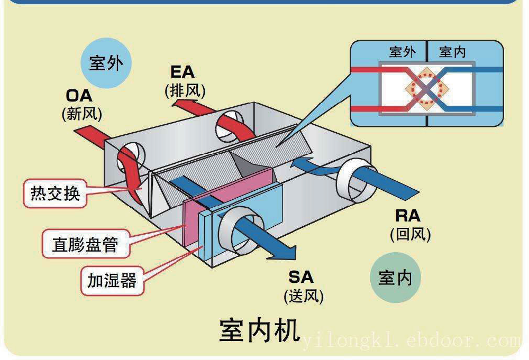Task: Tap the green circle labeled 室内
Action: pyautogui.click(x=395, y=278)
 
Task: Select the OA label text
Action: pyautogui.click(x=79, y=96)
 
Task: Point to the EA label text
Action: pyautogui.click(x=183, y=72)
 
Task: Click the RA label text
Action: pyautogui.click(x=408, y=216)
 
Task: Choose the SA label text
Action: pyautogui.click(x=301, y=277)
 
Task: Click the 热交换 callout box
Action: pyautogui.click(x=55, y=193)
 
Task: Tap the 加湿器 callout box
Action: pyautogui.click(x=112, y=280)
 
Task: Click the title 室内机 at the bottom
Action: pyautogui.click(x=259, y=331)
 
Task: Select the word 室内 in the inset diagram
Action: pyautogui.click(x=452, y=52)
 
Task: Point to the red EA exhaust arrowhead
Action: pyautogui.click(x=180, y=101)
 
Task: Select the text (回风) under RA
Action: pyautogui.click(x=410, y=233)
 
